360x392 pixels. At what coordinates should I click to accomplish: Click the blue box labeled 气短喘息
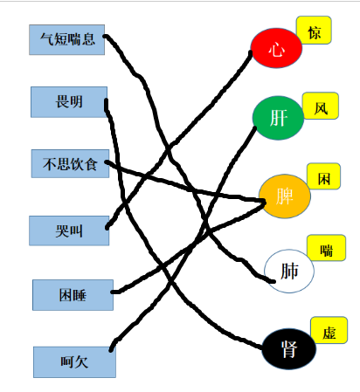(66, 39)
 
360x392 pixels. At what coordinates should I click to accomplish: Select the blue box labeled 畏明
(69, 102)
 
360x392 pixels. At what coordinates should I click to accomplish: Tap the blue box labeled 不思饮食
(70, 163)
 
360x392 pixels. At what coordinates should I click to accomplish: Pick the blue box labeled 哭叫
(69, 230)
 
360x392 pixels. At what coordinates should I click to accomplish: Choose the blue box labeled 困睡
(73, 295)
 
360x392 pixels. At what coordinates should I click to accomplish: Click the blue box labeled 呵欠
(74, 362)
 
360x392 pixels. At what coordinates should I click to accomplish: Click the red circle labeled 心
(276, 48)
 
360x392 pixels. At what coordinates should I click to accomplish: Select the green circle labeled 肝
(278, 118)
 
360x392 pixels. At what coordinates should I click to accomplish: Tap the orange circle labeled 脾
(285, 196)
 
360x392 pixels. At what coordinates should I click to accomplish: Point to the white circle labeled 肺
(289, 271)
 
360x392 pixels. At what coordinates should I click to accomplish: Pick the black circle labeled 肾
(289, 348)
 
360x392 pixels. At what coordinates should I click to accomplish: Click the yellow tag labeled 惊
(314, 31)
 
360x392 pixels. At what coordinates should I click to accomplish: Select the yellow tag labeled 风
(321, 106)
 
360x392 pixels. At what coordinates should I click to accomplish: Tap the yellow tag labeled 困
(324, 176)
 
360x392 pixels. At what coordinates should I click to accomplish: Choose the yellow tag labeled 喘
(327, 248)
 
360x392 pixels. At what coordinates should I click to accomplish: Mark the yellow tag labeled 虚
(329, 330)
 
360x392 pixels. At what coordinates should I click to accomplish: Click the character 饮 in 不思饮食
(77, 164)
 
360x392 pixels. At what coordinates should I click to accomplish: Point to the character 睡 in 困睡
(80, 295)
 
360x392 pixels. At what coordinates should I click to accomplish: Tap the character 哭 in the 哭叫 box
(62, 231)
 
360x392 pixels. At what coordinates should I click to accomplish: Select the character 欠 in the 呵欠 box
(81, 362)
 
